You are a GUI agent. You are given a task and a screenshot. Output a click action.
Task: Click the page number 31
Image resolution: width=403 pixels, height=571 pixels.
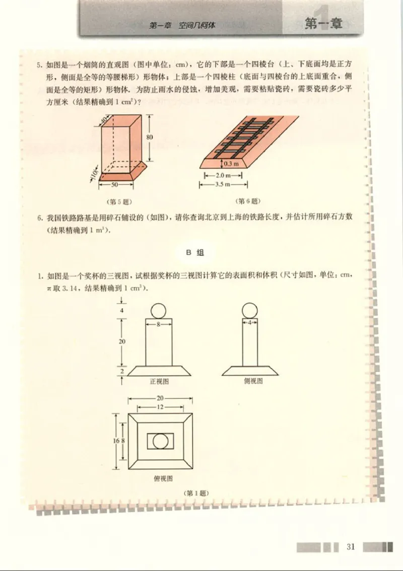[351, 546]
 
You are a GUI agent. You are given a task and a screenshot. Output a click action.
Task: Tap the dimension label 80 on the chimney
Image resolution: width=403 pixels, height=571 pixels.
[150, 137]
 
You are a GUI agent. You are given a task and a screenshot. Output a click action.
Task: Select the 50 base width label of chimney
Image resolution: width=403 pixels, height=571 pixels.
[115, 185]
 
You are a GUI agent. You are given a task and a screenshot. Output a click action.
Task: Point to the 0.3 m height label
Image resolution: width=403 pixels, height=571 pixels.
[231, 164]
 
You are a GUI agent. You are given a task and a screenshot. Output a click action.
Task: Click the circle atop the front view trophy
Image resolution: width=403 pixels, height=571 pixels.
[158, 310]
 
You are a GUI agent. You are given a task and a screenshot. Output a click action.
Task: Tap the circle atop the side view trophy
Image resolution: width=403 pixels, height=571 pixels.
[249, 310]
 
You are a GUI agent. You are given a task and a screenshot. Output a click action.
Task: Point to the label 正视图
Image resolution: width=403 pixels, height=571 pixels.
[159, 381]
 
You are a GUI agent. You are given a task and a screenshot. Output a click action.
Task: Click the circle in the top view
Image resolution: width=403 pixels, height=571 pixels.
[161, 441]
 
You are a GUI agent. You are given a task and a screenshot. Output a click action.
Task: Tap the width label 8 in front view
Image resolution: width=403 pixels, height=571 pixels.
[158, 325]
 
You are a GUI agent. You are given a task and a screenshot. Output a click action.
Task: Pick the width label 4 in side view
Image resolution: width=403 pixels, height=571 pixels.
[249, 323]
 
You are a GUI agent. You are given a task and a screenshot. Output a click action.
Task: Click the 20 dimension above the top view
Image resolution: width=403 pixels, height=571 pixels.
[160, 398]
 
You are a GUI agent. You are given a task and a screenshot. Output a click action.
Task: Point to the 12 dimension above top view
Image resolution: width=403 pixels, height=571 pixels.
[160, 406]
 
